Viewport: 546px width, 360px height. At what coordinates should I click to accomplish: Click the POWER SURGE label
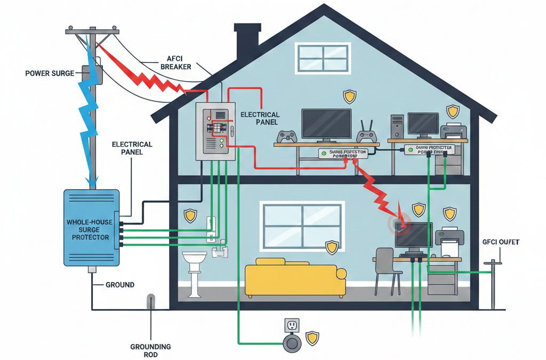(x=50, y=73)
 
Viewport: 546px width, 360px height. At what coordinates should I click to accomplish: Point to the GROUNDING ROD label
(x=150, y=350)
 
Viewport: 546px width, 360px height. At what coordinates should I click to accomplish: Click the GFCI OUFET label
(x=500, y=242)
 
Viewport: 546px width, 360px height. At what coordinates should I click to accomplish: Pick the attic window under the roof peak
(x=323, y=58)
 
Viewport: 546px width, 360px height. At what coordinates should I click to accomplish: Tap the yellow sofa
(x=295, y=277)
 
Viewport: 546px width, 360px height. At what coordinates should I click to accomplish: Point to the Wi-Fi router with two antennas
(x=365, y=134)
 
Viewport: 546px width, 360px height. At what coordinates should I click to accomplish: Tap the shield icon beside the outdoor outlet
(x=312, y=338)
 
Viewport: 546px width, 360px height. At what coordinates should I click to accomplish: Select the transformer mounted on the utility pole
(x=91, y=74)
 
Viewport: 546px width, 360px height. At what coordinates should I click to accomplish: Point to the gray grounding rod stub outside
(x=151, y=301)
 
